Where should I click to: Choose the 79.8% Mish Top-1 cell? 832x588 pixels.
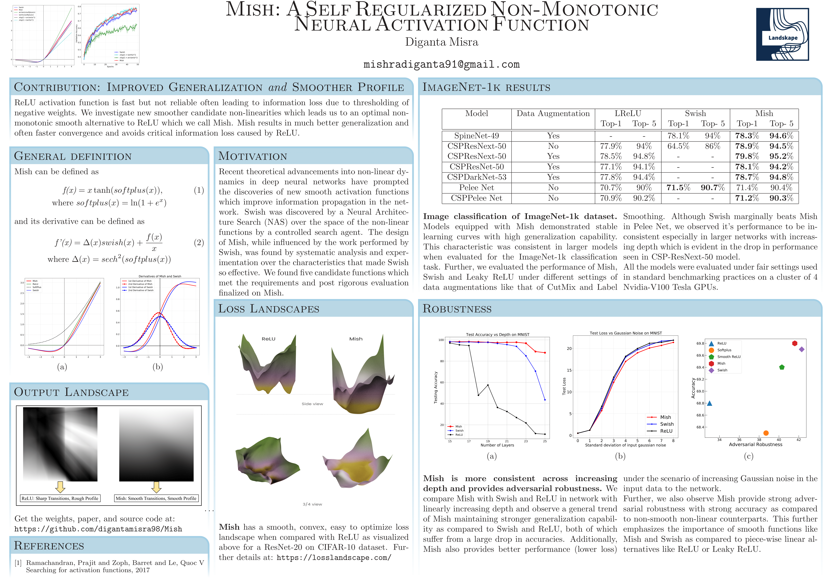click(x=747, y=156)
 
